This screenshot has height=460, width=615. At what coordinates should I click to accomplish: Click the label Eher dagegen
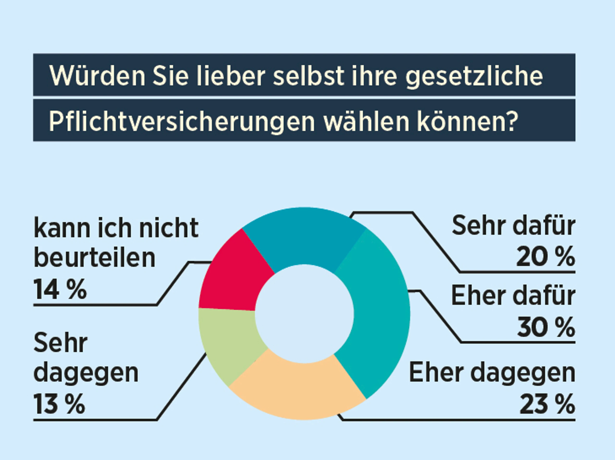click(x=492, y=373)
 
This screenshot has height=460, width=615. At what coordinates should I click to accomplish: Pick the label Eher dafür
click(x=513, y=296)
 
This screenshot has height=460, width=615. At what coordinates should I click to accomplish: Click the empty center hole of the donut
click(x=304, y=314)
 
